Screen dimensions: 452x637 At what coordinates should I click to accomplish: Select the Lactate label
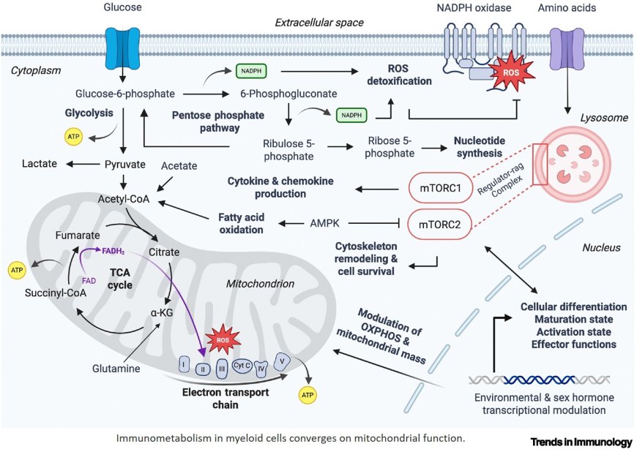[40, 163]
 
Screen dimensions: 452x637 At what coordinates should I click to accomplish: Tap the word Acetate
[179, 166]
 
